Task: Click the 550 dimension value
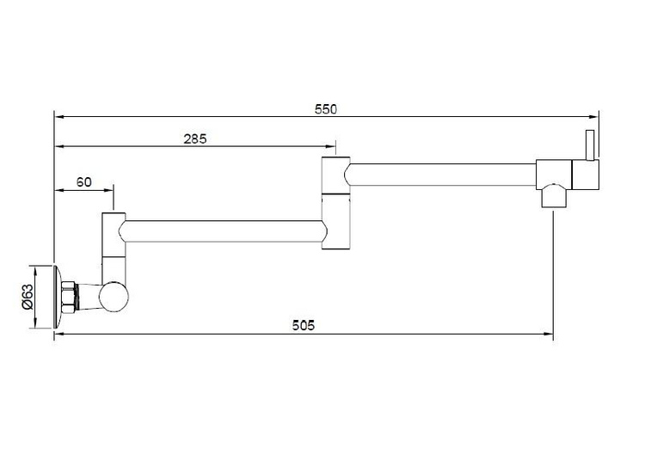[x=325, y=109]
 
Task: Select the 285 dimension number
[x=195, y=139]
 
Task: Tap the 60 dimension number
[x=84, y=181]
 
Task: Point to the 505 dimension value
[x=304, y=325]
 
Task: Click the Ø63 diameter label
[x=28, y=297]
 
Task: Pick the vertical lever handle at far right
[x=590, y=145]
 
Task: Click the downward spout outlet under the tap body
[x=554, y=196]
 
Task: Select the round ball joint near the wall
[x=114, y=297]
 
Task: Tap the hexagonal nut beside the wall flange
[x=69, y=297]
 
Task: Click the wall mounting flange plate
[x=58, y=297]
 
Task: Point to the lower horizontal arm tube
[x=224, y=230]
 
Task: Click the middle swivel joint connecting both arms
[x=335, y=203]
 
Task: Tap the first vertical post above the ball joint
[x=114, y=248]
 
